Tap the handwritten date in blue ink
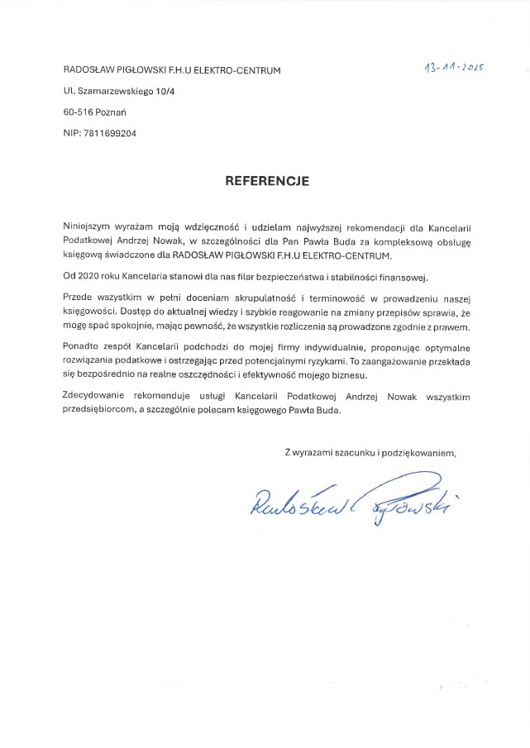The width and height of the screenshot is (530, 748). [452, 67]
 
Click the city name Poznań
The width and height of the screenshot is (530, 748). [112, 112]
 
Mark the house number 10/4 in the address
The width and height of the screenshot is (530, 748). [175, 91]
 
